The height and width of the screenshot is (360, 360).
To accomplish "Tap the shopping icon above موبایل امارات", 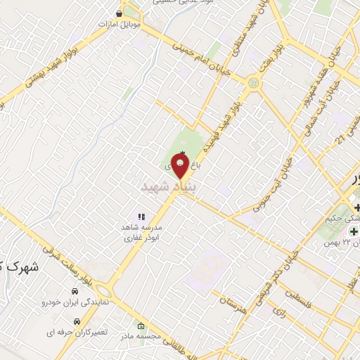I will (120, 13).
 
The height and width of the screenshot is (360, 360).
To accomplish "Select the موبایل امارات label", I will (120, 24).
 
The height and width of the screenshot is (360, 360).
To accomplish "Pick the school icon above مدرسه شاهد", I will (141, 217).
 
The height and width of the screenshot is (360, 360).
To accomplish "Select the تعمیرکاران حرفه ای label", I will (78, 330).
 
